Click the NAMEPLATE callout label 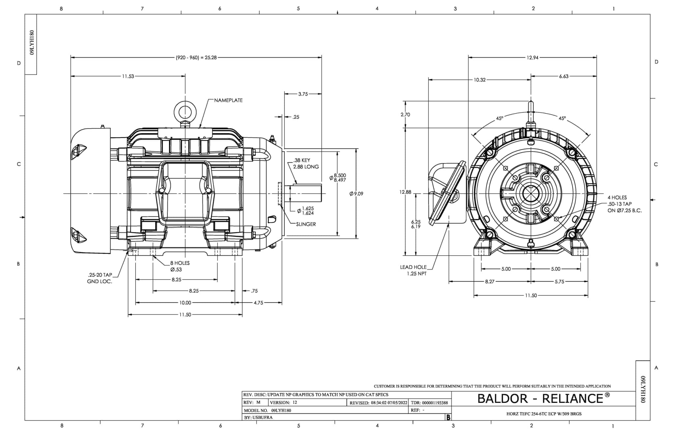tap(228, 100)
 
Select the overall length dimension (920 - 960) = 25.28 tap(196, 58)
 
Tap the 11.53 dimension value tap(128, 76)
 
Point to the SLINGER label tap(306, 224)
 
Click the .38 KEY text tap(301, 160)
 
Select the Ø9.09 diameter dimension tap(356, 194)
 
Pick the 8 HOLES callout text tap(180, 263)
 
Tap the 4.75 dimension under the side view tap(258, 303)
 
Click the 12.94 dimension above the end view tap(532, 58)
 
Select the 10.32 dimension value tap(480, 80)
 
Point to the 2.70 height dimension tap(405, 115)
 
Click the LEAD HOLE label tap(413, 267)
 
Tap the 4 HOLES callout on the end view tap(617, 197)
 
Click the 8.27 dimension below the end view tap(489, 282)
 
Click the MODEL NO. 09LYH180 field tap(267, 410)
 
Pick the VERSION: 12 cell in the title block tap(283, 402)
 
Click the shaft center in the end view tap(531, 194)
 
